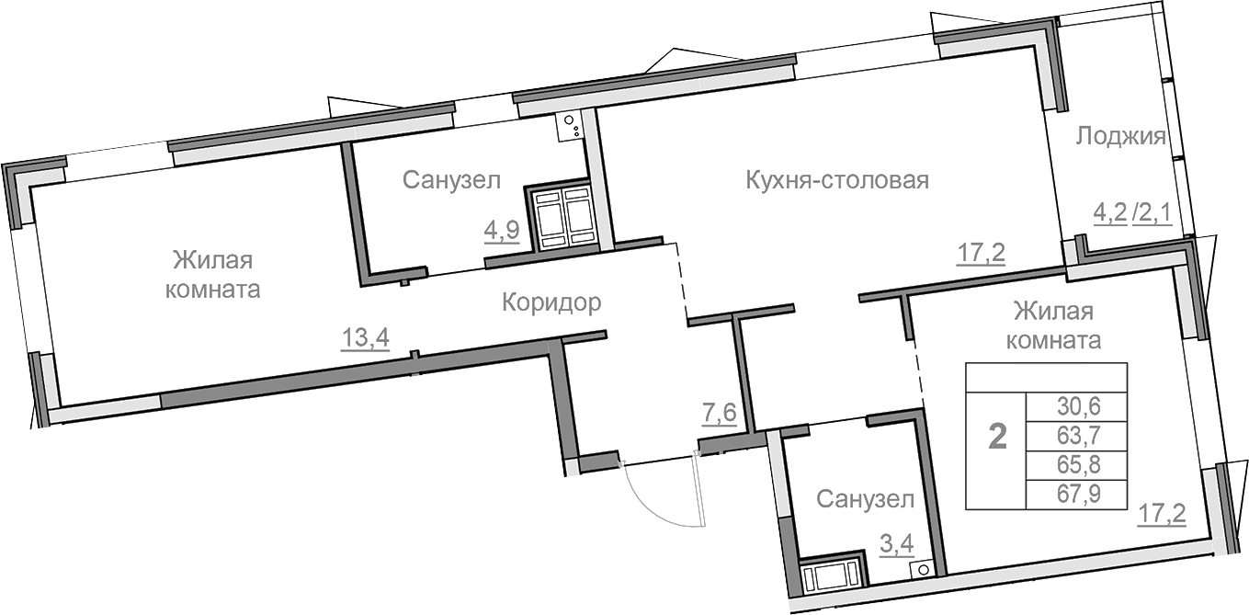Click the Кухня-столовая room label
pos(836,180)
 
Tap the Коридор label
pos(551,302)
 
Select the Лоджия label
pos(1120,137)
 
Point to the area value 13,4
pos(366,339)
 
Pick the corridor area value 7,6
pos(719,413)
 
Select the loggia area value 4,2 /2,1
pos(1130,214)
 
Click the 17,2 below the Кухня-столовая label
pos(981,253)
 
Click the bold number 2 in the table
pos(997,437)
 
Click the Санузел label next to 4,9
pos(451,180)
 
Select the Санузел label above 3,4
pos(865,500)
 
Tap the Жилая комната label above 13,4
pos(211,274)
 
